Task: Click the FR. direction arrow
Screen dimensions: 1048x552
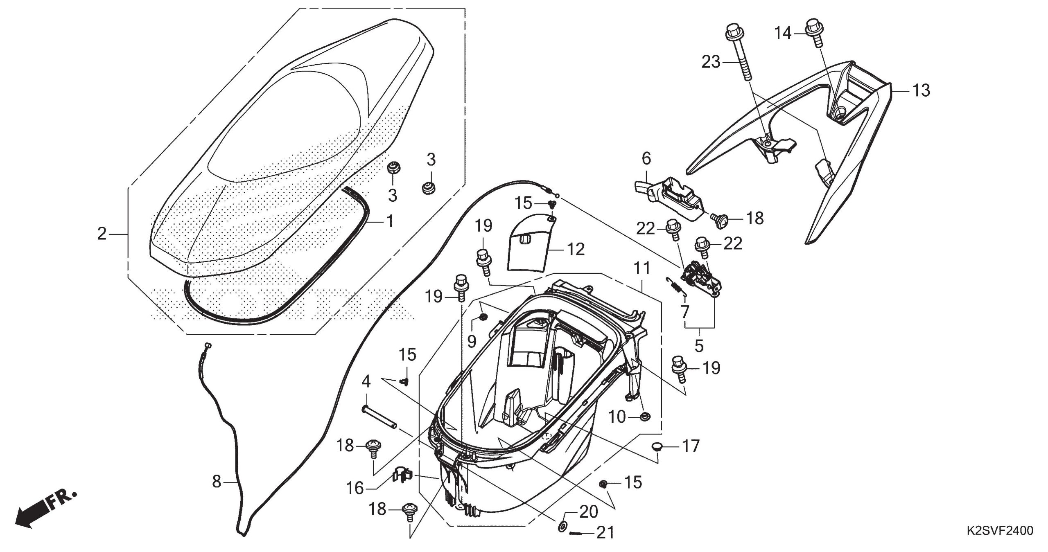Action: (45, 510)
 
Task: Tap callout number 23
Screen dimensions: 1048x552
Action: (711, 62)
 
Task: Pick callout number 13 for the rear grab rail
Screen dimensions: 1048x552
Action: (921, 90)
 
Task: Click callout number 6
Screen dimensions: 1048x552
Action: (646, 159)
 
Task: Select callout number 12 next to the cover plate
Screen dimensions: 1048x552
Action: (576, 249)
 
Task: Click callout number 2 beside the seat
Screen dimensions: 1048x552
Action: (102, 234)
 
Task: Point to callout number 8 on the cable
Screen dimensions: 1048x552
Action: (217, 482)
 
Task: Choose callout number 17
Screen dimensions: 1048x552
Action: (690, 446)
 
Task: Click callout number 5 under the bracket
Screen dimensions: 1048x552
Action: (699, 346)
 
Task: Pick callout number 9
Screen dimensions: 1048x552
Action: (472, 342)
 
